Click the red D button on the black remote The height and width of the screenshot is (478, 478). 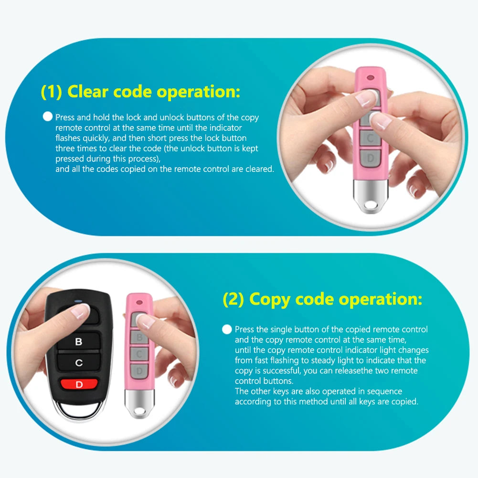pos(79,384)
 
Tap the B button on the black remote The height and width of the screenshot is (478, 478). pos(79,342)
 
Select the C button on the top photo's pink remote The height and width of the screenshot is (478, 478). pos(371,138)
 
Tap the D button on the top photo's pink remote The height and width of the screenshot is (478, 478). pos(371,158)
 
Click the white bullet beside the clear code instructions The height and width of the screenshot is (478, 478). pos(47,117)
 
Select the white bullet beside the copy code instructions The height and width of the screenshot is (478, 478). pos(227,329)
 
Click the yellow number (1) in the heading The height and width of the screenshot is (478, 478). pos(51,91)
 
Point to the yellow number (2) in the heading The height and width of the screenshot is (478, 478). pos(234,299)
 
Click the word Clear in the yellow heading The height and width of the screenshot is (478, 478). pos(89,91)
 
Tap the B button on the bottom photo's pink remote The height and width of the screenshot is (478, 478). pos(139,338)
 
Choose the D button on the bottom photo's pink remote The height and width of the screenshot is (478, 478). pos(139,371)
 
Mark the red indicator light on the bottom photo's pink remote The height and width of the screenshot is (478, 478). pos(139,302)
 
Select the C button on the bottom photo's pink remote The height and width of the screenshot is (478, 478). pos(139,354)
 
